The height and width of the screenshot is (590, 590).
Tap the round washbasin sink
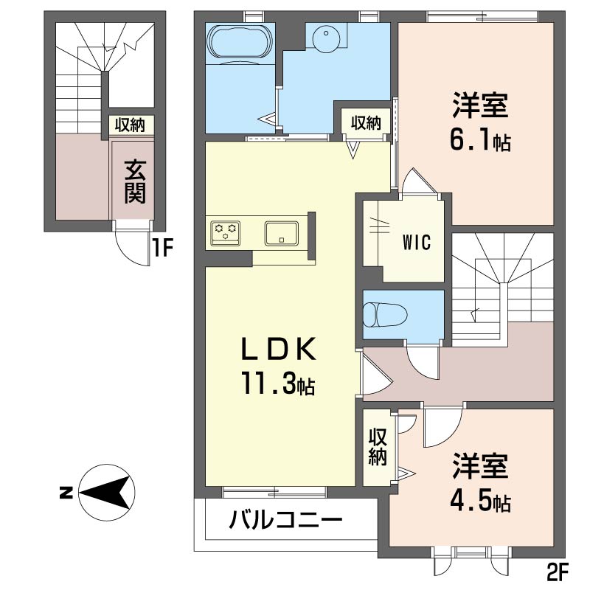coord(326,38)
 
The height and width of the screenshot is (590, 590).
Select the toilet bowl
coord(385,313)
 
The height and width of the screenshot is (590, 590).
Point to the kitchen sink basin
coord(282,233)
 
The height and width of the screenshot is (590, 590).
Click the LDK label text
coord(278,349)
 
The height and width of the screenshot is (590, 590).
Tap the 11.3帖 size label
coord(278,383)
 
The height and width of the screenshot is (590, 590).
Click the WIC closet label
coord(417,243)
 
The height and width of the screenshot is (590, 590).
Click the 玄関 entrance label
coord(135,181)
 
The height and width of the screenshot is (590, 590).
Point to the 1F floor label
coord(162,248)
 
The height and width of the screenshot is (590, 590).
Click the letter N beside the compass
coord(66,492)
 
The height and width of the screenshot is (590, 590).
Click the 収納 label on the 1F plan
coord(130,125)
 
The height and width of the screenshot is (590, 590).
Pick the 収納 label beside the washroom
coord(366,122)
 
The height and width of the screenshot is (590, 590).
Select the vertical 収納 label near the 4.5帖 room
coord(378,447)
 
